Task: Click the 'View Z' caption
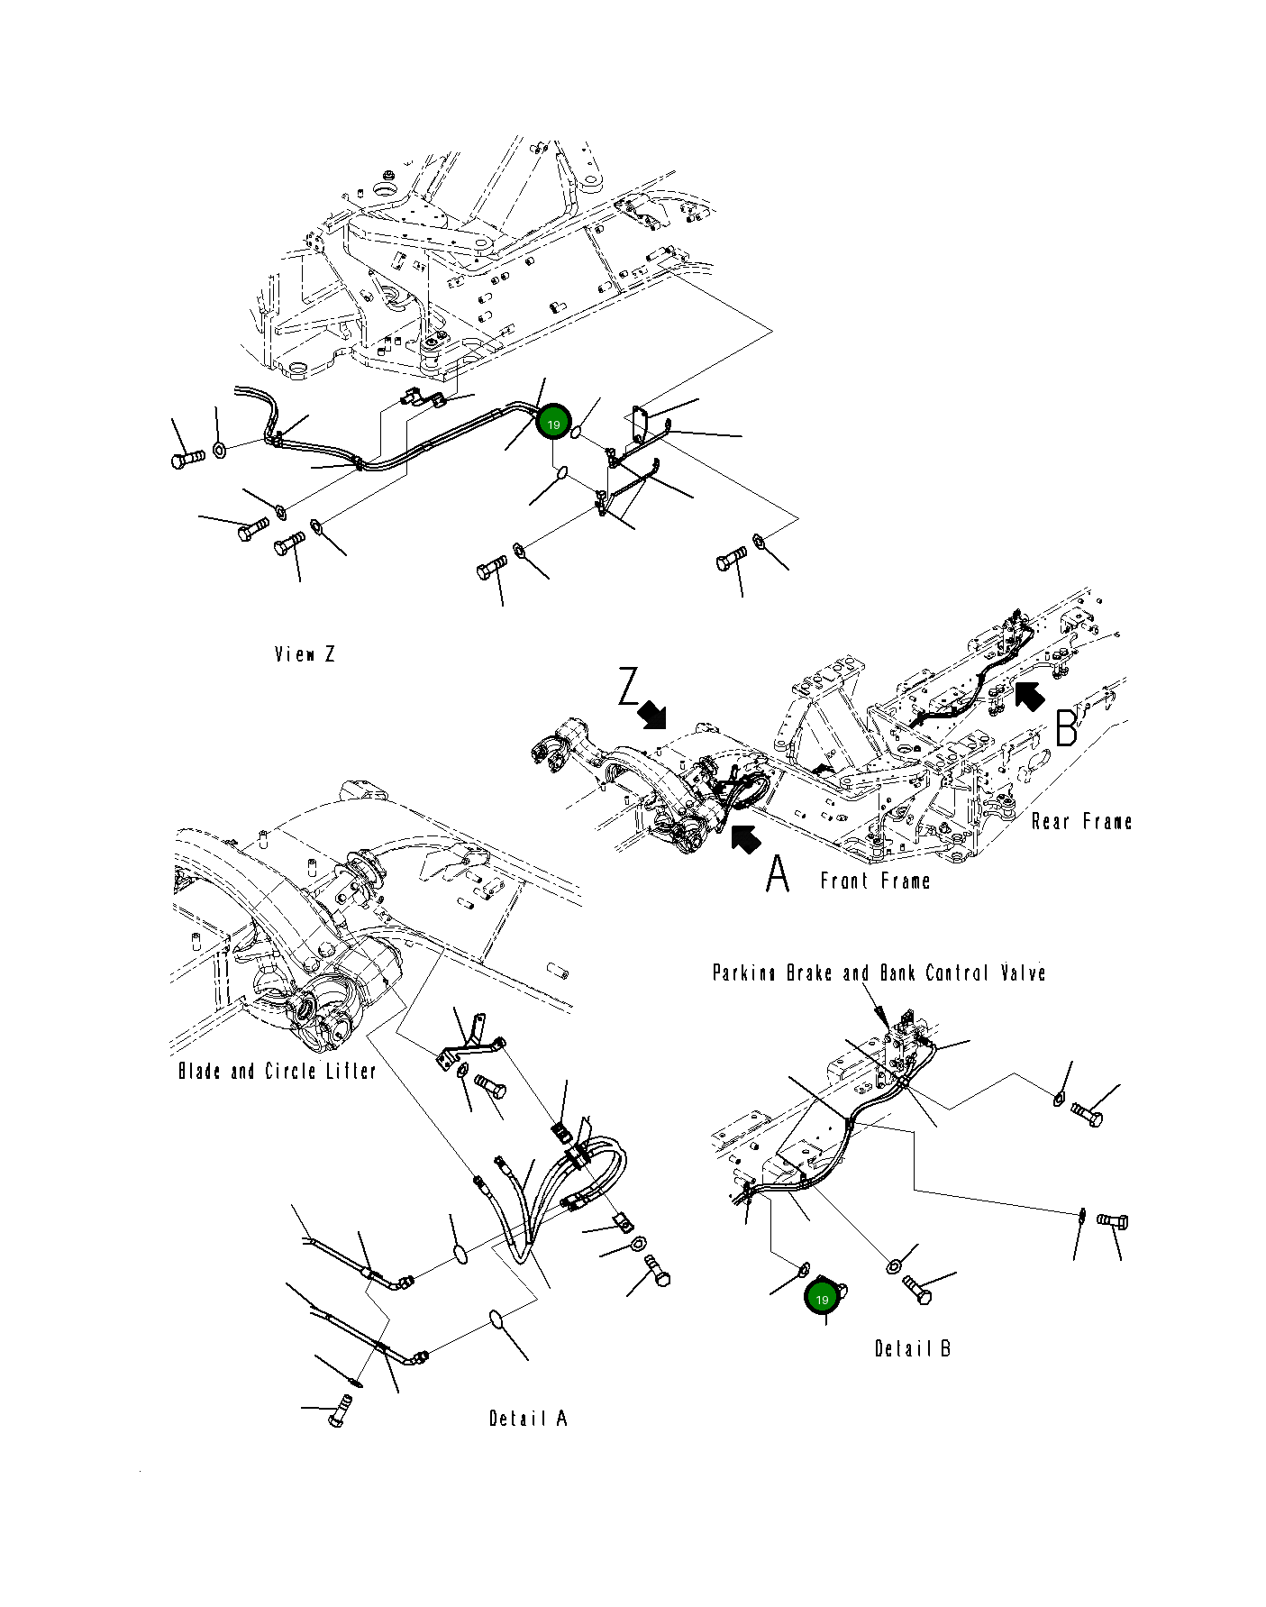(305, 654)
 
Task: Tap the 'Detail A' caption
(528, 1419)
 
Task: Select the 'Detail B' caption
(913, 1349)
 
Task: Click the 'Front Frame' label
(875, 881)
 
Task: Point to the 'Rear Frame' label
(1081, 821)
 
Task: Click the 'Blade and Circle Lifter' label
(277, 1071)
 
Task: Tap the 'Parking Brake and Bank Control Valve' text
(879, 973)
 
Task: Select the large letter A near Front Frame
(778, 873)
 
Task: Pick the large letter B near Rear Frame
(1066, 727)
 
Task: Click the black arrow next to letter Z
(652, 715)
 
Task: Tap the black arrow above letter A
(745, 838)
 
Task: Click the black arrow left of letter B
(1029, 697)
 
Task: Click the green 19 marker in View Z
(553, 425)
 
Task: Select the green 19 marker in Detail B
(821, 1300)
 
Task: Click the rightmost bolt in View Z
(732, 559)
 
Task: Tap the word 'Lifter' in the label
(347, 1071)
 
